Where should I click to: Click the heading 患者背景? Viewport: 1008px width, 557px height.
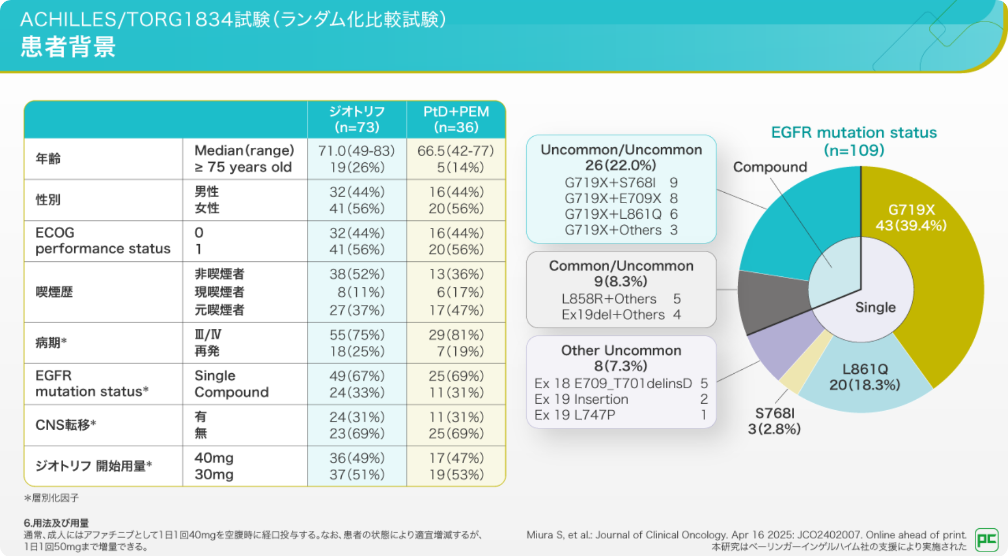point(68,47)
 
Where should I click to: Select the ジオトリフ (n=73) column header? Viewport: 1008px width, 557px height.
point(357,120)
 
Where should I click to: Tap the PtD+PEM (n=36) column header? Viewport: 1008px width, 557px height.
point(456,120)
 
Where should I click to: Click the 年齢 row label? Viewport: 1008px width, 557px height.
point(48,159)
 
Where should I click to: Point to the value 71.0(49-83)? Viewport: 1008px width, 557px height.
point(357,151)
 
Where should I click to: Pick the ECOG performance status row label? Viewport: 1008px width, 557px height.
point(102,241)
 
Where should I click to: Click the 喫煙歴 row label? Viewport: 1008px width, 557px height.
point(54,292)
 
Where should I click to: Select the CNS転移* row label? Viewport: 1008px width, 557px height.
point(66,425)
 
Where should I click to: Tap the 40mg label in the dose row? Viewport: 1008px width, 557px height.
point(214,458)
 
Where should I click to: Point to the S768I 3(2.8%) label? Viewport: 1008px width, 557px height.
point(774,421)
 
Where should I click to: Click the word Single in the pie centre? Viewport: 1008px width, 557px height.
point(875,307)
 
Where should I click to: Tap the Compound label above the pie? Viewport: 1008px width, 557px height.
point(770,167)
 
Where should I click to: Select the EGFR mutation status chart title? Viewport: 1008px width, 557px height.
point(853,141)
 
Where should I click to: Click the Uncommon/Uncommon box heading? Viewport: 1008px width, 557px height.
point(621,157)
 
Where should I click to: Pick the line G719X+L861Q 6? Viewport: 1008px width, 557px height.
point(621,214)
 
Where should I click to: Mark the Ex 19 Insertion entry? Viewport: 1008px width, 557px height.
point(582,399)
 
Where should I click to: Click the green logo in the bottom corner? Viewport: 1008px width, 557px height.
point(986,540)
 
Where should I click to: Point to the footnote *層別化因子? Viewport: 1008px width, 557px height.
point(52,498)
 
